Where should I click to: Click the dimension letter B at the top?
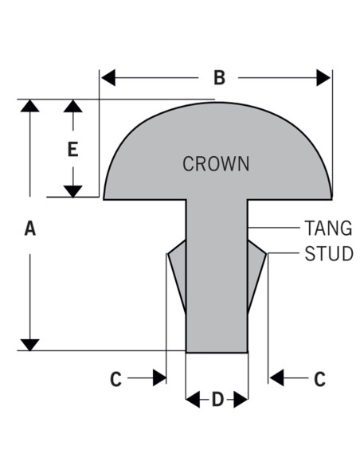(220, 78)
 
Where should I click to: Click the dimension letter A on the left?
(30, 229)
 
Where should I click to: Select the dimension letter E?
(73, 149)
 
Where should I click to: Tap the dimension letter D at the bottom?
(217, 400)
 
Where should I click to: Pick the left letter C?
(115, 379)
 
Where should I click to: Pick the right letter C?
(319, 379)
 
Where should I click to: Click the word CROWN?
(216, 164)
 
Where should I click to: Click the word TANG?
(329, 228)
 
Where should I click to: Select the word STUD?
(329, 253)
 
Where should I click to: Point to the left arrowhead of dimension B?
(108, 78)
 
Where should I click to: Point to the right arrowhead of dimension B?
(323, 78)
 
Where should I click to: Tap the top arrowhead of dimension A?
(30, 106)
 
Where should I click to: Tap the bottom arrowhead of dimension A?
(30, 345)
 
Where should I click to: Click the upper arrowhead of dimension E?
(73, 106)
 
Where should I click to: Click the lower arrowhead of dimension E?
(73, 192)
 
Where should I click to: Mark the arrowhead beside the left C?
(159, 377)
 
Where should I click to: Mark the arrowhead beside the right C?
(276, 377)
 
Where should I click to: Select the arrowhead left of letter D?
(193, 400)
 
